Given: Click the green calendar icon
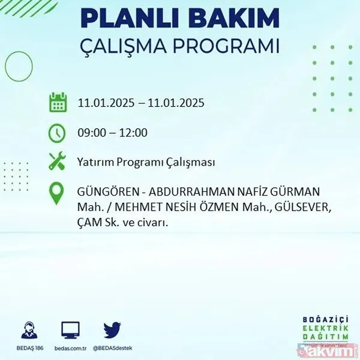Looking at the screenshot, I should point(58,103).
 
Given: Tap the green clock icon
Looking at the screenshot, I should point(58,133).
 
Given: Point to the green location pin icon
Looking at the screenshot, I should point(58,194).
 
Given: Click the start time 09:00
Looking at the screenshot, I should point(91,133).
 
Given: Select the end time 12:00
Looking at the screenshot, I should point(134,133).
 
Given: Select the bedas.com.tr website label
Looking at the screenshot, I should point(71,347).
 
